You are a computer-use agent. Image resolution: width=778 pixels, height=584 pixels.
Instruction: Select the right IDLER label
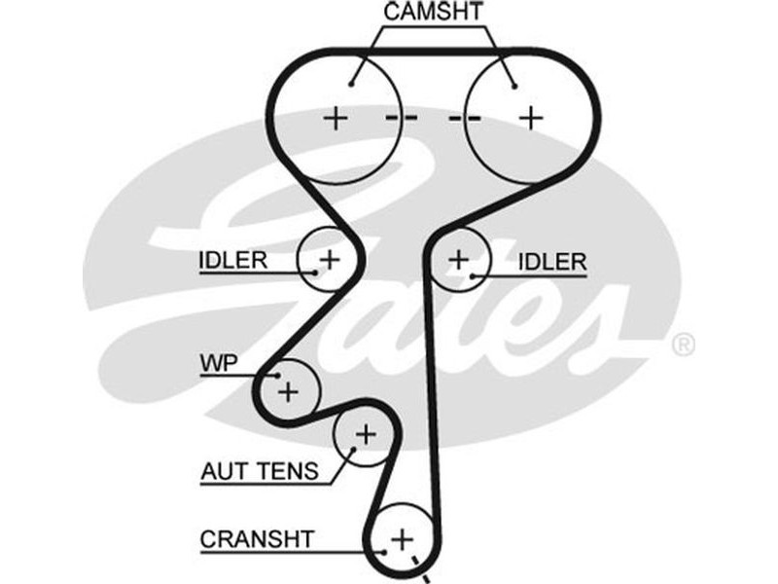pos(552,261)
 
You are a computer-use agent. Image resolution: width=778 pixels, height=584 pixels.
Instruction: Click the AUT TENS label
pos(259,472)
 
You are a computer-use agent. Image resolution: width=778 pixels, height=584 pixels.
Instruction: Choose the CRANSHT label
pos(257,538)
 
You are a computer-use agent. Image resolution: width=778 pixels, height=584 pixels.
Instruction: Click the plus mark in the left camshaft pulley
pos(335,119)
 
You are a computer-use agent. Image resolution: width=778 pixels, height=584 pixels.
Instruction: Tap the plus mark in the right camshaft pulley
pos(530,118)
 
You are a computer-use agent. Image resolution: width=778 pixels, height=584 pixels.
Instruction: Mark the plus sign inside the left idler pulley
pos(330,259)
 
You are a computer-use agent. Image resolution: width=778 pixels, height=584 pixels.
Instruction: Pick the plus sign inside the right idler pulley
pos(458,259)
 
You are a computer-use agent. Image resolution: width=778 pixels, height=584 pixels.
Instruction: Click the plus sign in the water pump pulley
pos(288,391)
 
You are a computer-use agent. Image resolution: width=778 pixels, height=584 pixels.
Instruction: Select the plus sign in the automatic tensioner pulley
pos(365,434)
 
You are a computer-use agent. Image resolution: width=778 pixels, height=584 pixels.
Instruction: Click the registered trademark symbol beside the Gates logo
pos(684,345)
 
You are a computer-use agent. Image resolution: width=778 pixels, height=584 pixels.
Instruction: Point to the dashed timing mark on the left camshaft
pos(401,119)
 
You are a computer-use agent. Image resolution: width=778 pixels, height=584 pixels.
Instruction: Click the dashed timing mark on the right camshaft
pos(464,119)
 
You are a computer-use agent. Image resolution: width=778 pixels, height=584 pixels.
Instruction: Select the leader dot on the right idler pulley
pos(472,275)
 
